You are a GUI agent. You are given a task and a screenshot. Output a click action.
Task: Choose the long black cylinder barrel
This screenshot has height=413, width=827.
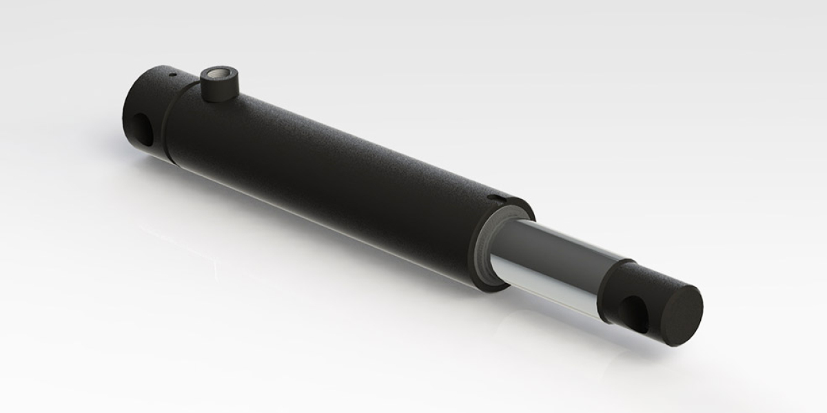click(x=331, y=172)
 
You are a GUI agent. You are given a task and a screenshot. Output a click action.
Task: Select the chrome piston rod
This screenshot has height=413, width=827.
click(x=551, y=262)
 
